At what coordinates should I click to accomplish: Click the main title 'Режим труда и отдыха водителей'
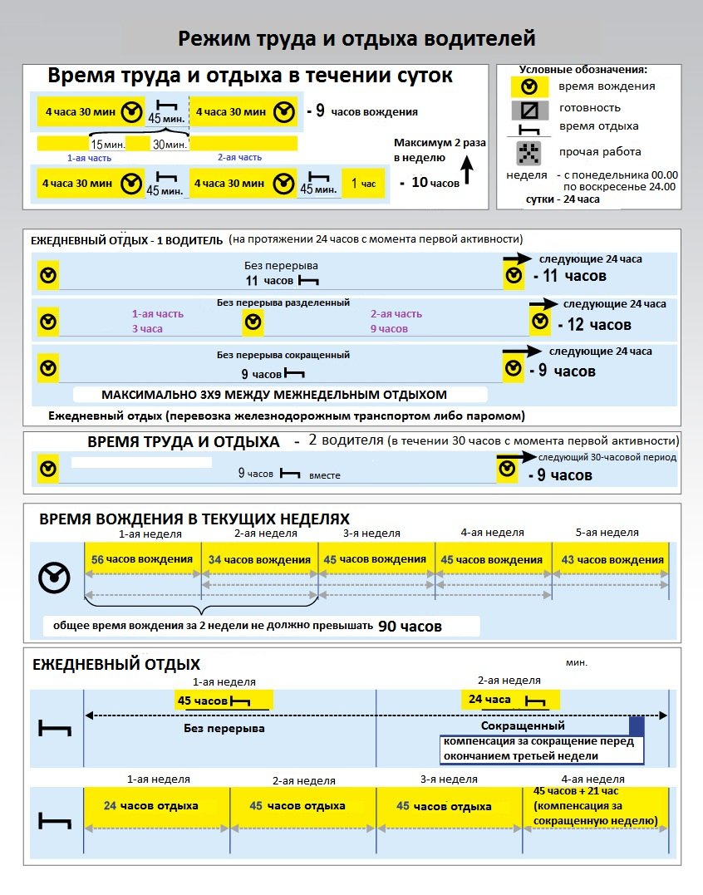point(356,39)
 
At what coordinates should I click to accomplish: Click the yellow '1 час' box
point(363,183)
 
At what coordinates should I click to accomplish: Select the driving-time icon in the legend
point(528,86)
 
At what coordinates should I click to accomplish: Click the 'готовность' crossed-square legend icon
point(528,109)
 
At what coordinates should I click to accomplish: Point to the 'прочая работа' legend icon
point(528,152)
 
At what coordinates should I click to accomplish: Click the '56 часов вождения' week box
point(143,559)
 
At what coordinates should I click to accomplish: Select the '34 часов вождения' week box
point(260,559)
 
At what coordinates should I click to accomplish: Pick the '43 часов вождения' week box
point(611,559)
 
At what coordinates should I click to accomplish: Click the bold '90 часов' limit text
point(410,626)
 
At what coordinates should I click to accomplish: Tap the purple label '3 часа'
point(147,329)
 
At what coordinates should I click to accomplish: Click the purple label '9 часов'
point(389,329)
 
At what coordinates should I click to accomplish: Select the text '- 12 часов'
point(594,324)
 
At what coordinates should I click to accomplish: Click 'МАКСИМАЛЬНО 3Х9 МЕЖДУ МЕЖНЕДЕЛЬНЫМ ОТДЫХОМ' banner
point(274,395)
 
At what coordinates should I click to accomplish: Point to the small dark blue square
point(637,725)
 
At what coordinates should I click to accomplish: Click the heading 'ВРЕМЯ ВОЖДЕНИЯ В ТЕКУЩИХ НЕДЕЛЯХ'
point(194,519)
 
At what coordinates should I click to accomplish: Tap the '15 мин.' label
point(108,145)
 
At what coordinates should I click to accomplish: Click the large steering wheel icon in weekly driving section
point(55,575)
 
